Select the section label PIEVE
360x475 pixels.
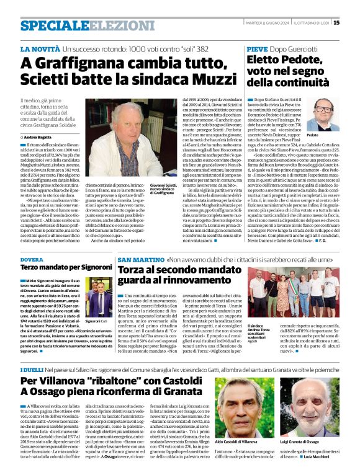[258, 48]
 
